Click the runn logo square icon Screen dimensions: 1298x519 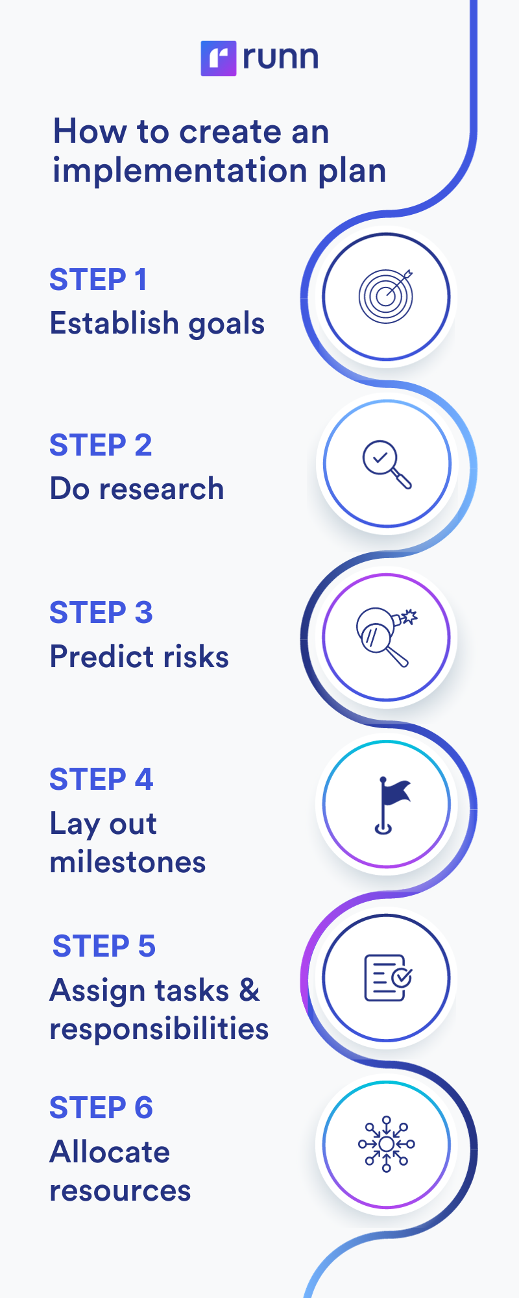click(x=219, y=58)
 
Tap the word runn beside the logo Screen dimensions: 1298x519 click(x=280, y=58)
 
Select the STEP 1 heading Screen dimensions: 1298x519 click(x=99, y=280)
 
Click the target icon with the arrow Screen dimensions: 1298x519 click(x=386, y=296)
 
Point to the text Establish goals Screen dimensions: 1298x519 click(x=157, y=323)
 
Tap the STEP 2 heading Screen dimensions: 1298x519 click(x=101, y=445)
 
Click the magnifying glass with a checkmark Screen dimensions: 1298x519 click(x=387, y=464)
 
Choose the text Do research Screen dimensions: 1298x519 click(x=137, y=489)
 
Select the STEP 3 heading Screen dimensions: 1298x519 click(x=101, y=613)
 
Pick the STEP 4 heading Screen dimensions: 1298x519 click(x=101, y=779)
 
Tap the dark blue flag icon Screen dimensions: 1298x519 click(x=391, y=804)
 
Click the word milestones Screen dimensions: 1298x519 click(x=128, y=863)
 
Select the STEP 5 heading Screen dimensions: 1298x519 click(x=104, y=946)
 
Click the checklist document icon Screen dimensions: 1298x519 click(x=387, y=977)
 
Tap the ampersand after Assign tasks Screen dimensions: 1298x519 click(x=250, y=990)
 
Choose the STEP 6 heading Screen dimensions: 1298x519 click(x=101, y=1108)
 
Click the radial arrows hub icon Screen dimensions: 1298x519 click(x=387, y=1144)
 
